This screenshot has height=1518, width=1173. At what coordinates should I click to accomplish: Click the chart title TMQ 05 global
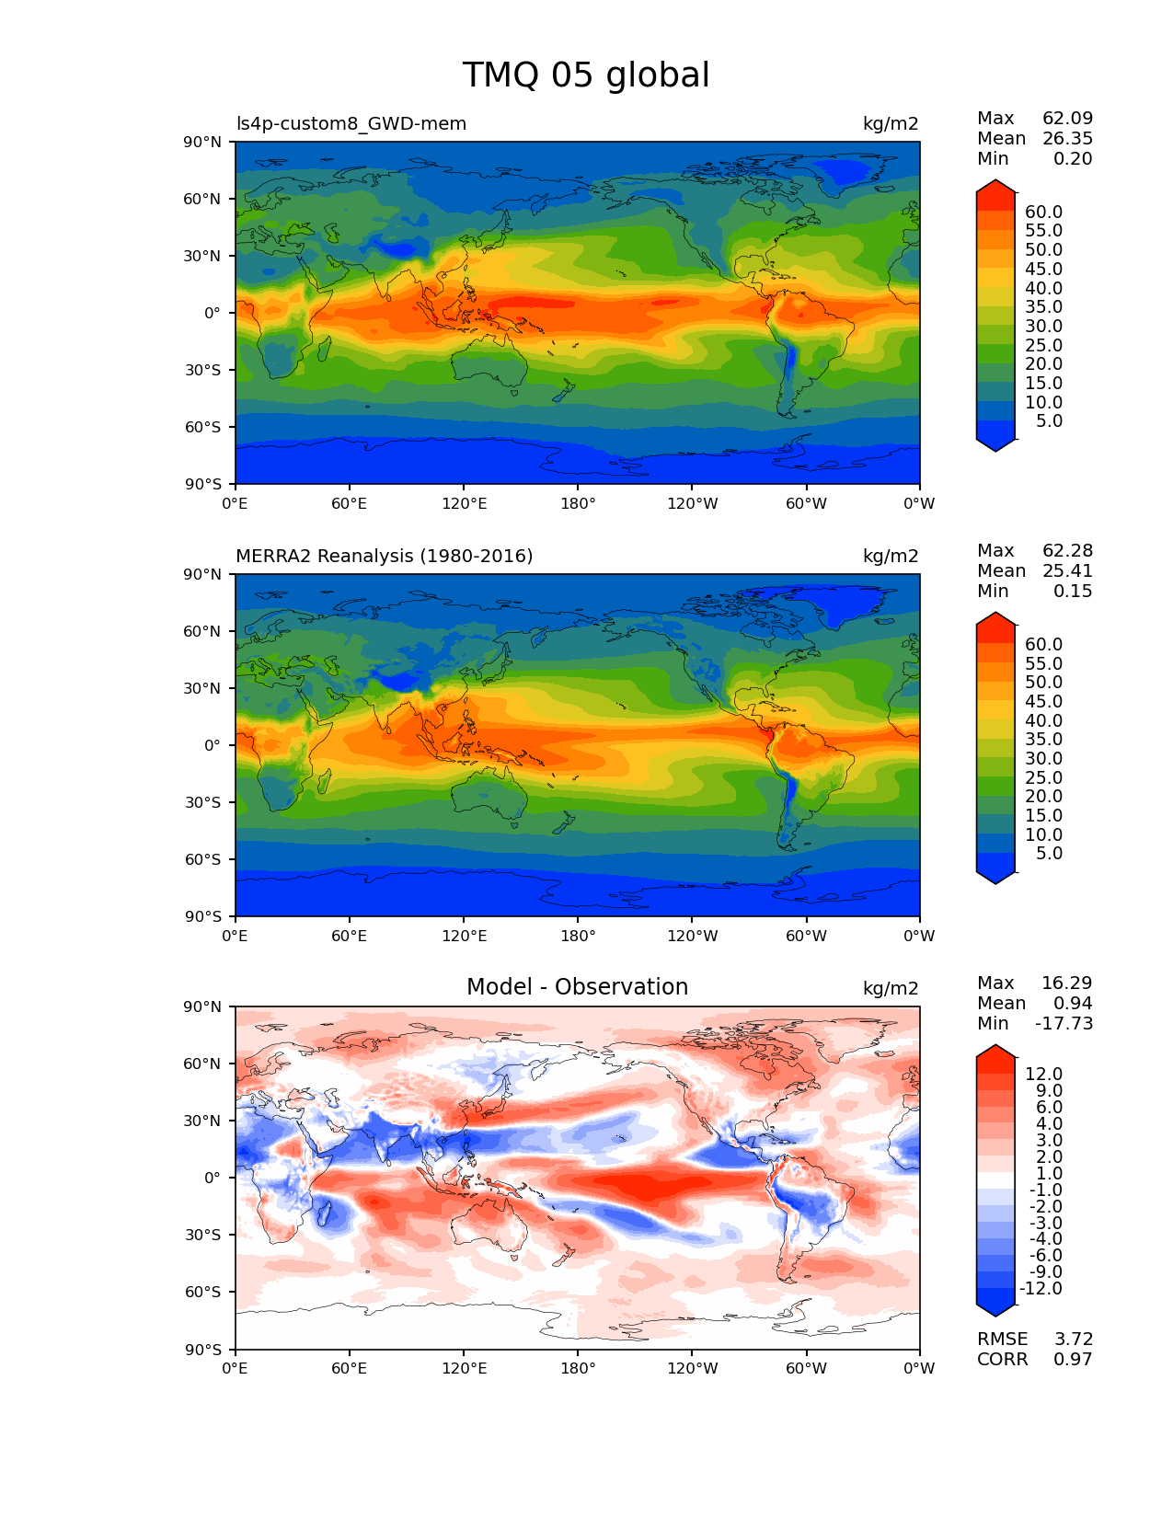pos(585,75)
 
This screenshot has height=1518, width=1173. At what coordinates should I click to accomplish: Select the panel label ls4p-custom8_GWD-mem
pos(351,123)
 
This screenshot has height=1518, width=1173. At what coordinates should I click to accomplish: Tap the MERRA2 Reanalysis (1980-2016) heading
pos(384,556)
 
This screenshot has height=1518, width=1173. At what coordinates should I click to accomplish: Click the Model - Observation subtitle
pos(577,987)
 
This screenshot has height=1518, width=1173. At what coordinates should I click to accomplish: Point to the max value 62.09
pos(1067,118)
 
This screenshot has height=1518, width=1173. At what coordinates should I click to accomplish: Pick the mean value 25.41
pos(1067,570)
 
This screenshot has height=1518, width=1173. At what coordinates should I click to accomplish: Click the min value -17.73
pos(1064,1023)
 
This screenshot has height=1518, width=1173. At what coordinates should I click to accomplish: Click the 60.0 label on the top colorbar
pos(1043,212)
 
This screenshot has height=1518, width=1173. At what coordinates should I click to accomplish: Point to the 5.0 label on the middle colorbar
pos(1049,853)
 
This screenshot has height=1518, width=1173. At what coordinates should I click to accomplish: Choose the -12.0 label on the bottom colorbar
pos(1040,1288)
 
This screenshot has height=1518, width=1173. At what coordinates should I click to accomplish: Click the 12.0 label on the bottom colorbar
pos(1043,1074)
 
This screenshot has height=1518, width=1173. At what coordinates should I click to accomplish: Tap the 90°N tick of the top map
pos(203,142)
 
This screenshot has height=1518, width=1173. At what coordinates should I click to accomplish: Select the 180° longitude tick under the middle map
pos(577,936)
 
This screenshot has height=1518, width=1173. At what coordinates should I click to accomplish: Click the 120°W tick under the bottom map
pos(692,1368)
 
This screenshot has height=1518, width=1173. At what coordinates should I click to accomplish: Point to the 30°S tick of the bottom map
pos(203,1235)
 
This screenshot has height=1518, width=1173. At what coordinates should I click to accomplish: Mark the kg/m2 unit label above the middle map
pos(890,556)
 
